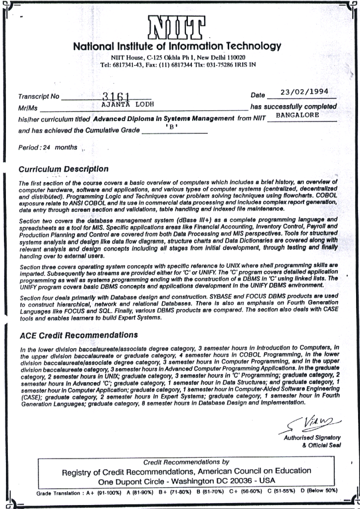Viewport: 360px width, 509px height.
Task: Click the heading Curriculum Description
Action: pyautogui.click(x=63, y=170)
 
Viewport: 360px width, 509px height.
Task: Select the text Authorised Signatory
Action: pyautogui.click(x=312, y=438)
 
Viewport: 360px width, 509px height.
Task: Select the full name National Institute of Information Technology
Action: pyautogui.click(x=177, y=47)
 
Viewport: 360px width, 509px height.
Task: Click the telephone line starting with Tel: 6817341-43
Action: pyautogui.click(x=178, y=64)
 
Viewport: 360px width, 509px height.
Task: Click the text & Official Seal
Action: pyautogui.click(x=322, y=445)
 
